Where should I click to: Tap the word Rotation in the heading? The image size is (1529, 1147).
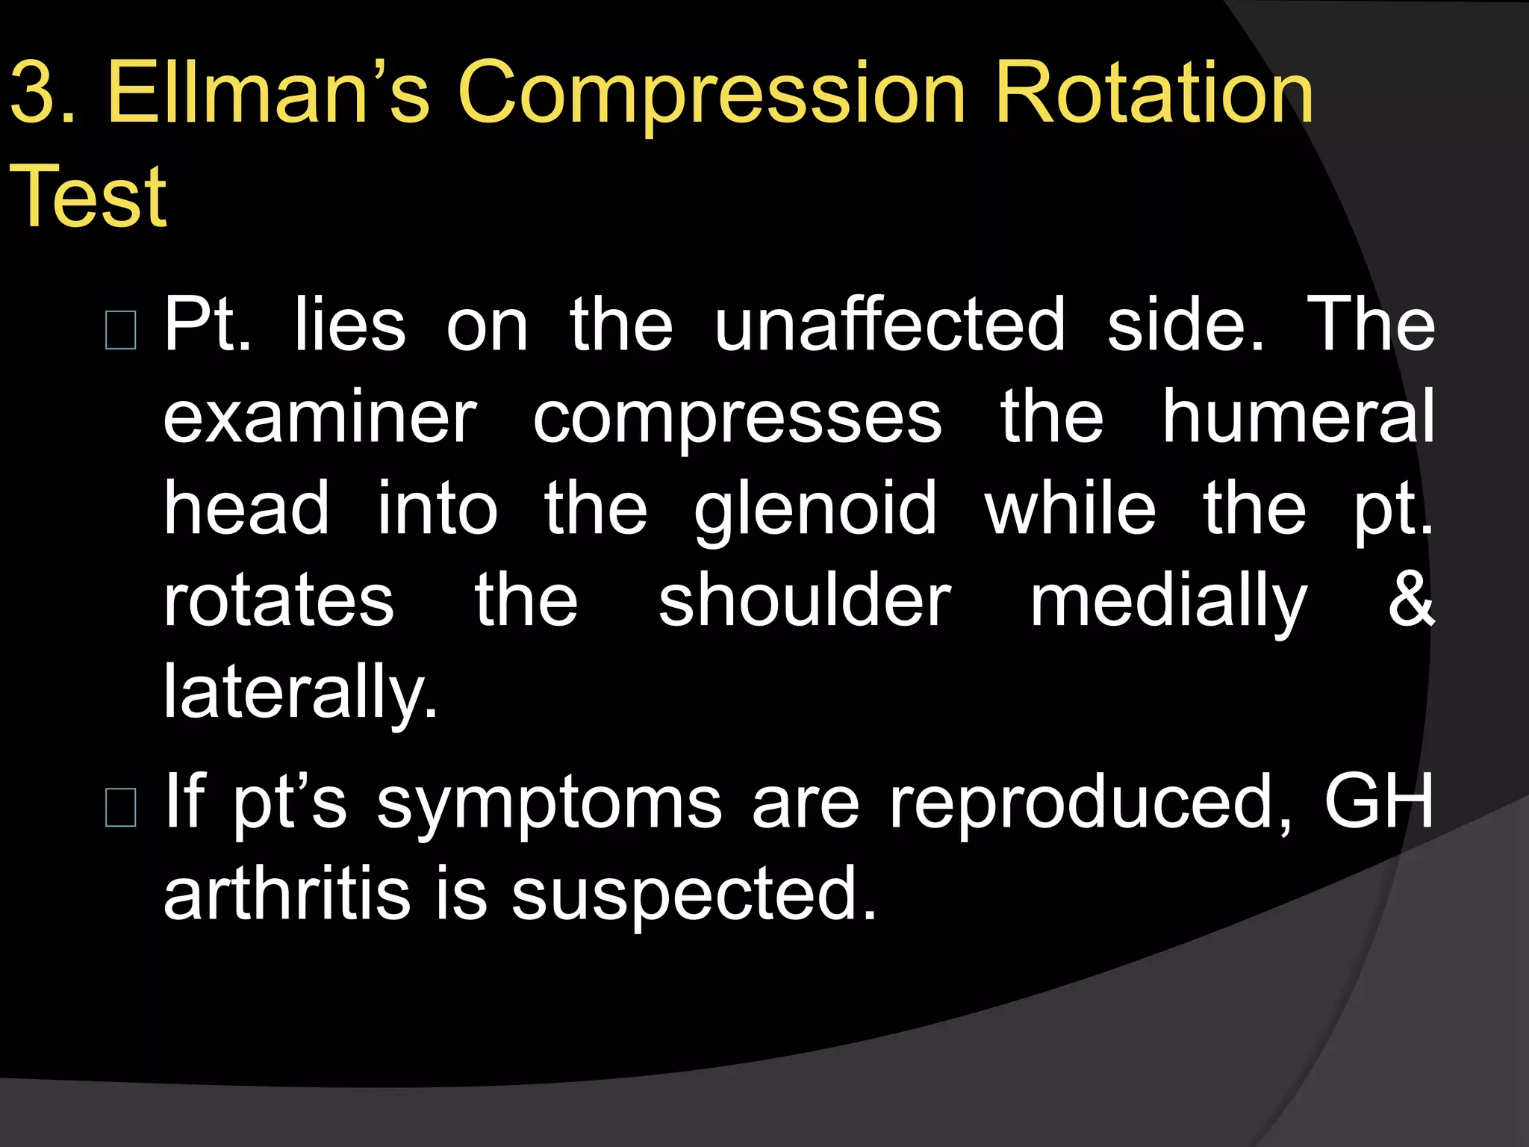[1153, 93]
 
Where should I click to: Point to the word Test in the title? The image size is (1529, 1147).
[88, 197]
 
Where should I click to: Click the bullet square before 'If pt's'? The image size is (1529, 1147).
[121, 808]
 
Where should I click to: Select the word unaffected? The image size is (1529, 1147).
[889, 325]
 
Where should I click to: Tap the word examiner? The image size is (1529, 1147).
[320, 417]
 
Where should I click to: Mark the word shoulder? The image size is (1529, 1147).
[804, 601]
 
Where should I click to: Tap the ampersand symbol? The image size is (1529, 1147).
[1410, 601]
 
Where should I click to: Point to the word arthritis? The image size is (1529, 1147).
[287, 893]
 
